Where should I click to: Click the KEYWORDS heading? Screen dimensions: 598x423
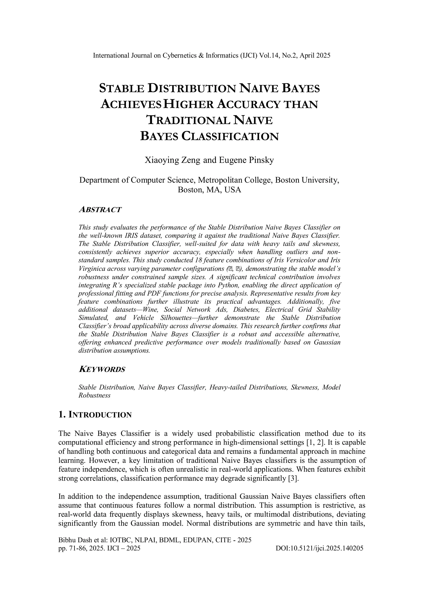(x=102, y=369)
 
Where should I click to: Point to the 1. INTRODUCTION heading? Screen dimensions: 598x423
(x=95, y=415)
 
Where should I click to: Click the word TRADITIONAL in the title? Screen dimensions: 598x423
(x=188, y=120)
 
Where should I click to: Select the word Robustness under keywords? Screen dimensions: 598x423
(x=94, y=395)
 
